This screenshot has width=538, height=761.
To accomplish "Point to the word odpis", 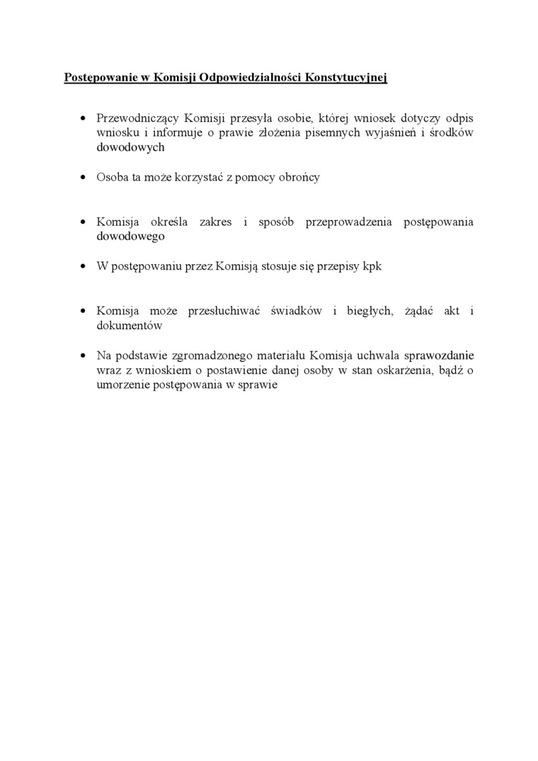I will click(459, 117).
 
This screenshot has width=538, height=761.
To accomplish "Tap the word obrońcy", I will click(300, 177).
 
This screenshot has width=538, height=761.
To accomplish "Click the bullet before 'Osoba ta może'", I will click(84, 177).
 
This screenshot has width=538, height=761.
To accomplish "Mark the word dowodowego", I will click(130, 236).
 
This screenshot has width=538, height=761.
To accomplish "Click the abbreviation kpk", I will click(372, 266).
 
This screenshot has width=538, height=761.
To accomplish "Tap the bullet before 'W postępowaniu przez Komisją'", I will click(84, 266).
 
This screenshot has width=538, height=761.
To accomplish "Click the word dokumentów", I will click(130, 326).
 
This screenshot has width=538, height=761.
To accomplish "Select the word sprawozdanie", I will click(439, 355).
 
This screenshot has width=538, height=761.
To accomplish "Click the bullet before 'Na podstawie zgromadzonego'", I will click(84, 355).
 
